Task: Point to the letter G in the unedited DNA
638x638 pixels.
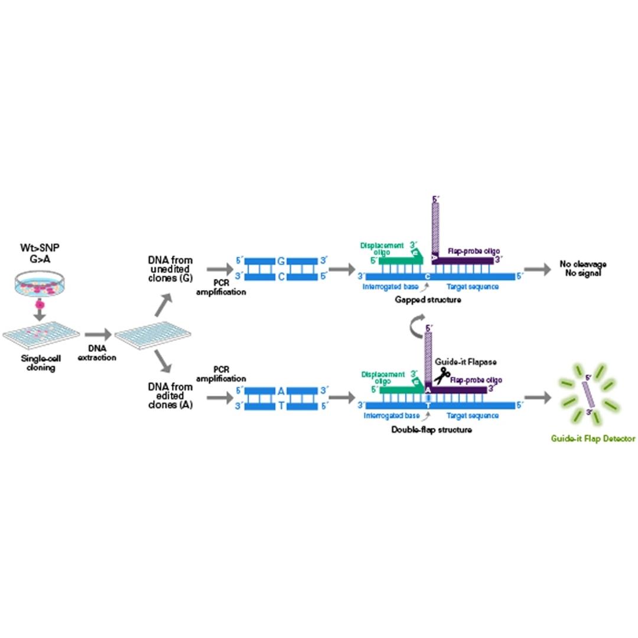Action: click(x=281, y=261)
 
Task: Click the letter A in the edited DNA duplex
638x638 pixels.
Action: click(x=281, y=390)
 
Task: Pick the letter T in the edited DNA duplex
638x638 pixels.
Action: click(x=281, y=406)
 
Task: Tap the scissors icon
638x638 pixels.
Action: click(x=441, y=374)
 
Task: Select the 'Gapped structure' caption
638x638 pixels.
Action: click(x=428, y=300)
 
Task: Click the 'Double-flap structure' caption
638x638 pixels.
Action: click(x=431, y=429)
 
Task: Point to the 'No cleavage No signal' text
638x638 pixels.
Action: click(x=582, y=269)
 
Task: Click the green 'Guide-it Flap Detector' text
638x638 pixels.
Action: click(x=593, y=438)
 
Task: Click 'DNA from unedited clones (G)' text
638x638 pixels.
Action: click(x=170, y=269)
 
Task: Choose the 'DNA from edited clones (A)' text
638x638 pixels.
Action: click(x=170, y=396)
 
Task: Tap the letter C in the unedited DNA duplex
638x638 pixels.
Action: click(x=281, y=276)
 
